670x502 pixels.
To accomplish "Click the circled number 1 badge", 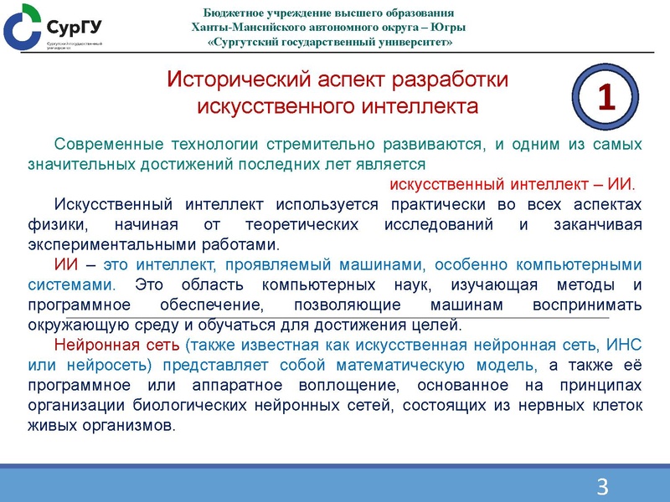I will (x=607, y=99).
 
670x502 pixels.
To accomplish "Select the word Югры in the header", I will (x=448, y=27).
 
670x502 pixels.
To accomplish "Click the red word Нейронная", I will (x=94, y=345).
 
